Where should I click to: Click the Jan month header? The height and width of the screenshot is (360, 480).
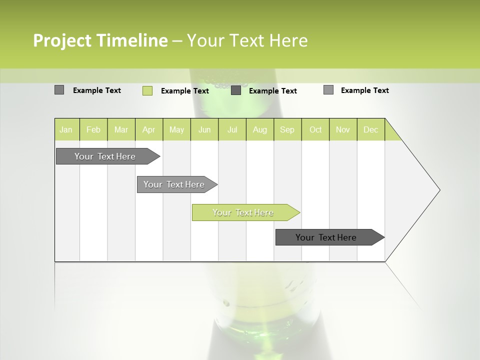[66, 129]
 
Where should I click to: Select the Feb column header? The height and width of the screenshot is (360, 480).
[93, 129]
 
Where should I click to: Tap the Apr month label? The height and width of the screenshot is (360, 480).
[148, 129]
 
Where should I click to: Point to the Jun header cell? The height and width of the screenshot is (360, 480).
[204, 129]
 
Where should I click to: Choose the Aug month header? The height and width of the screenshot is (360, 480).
[259, 129]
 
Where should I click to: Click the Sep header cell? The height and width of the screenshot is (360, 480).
[287, 129]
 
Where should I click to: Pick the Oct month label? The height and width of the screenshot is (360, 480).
[315, 129]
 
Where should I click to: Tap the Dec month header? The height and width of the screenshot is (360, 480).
[370, 129]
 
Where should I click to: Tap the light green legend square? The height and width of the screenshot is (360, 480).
[147, 90]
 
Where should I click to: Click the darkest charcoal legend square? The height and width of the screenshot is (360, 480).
[236, 90]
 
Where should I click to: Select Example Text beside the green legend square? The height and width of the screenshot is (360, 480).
[184, 91]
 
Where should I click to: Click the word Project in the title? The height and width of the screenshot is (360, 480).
[62, 40]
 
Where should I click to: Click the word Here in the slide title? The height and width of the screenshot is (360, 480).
[288, 40]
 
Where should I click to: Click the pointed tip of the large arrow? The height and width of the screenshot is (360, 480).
[438, 190]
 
